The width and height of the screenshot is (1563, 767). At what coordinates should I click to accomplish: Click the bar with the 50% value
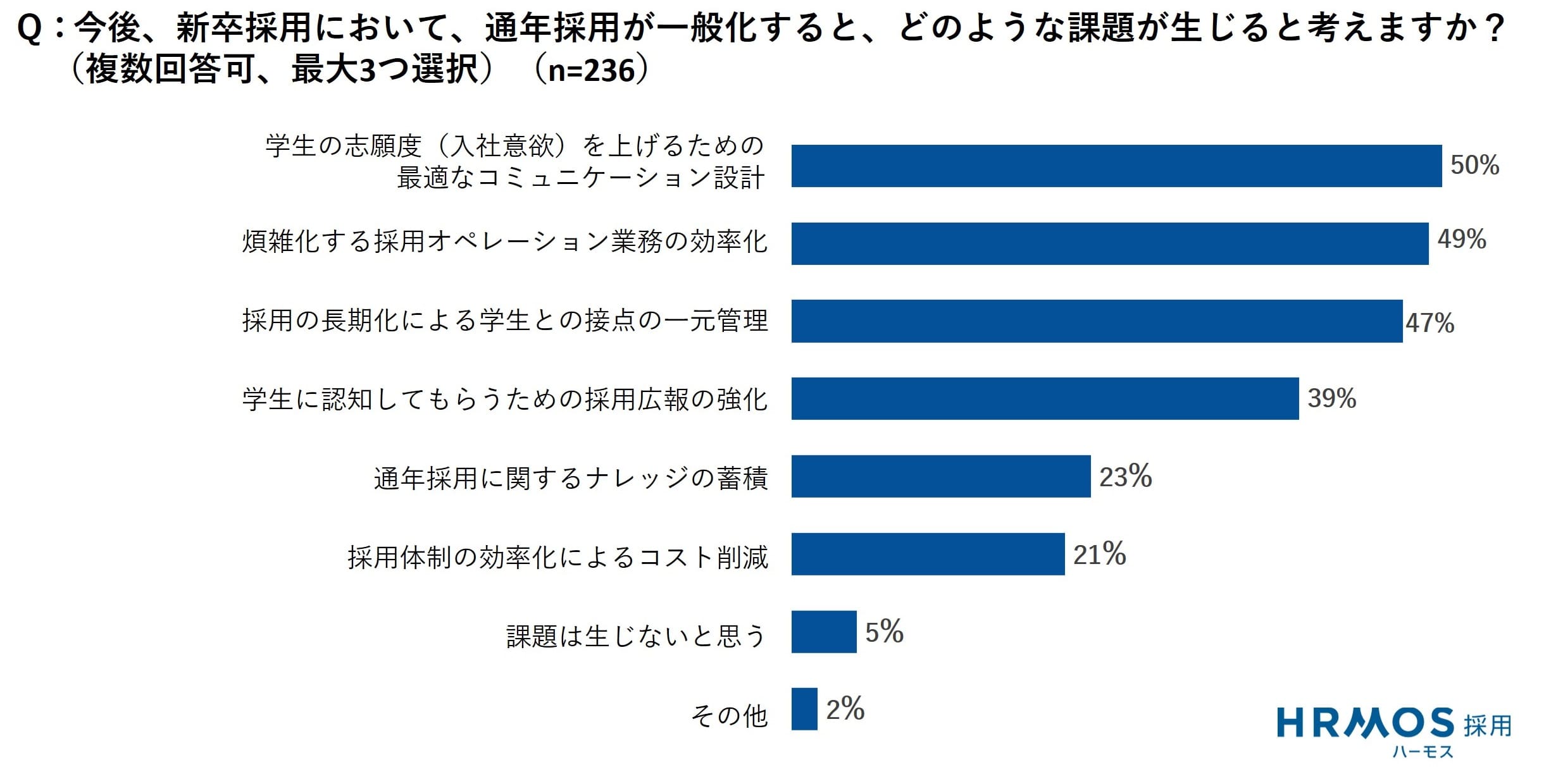pyautogui.click(x=1116, y=166)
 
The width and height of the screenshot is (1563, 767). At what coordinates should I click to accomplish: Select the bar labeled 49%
pyautogui.click(x=1109, y=243)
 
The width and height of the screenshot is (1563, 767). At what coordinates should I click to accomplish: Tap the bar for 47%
pyautogui.click(x=1097, y=321)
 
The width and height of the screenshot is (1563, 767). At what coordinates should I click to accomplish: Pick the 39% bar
pyautogui.click(x=1045, y=398)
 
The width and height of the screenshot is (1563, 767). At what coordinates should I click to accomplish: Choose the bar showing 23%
pyautogui.click(x=941, y=476)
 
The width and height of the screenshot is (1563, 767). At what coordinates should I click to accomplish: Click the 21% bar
pyautogui.click(x=928, y=554)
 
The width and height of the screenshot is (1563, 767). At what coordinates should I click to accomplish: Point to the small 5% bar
pyautogui.click(x=824, y=632)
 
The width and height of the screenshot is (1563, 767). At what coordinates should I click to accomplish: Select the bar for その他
pyautogui.click(x=804, y=709)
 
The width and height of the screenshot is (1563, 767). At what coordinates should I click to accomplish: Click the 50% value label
pyautogui.click(x=1474, y=165)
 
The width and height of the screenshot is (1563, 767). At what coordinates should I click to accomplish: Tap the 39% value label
pyautogui.click(x=1331, y=398)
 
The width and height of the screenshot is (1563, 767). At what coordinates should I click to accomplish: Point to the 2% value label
pyautogui.click(x=845, y=709)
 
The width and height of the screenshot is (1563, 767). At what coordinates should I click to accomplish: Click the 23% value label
pyautogui.click(x=1125, y=476)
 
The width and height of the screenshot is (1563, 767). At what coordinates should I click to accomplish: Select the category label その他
pyautogui.click(x=729, y=716)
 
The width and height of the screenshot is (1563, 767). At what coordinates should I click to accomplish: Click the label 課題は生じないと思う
pyautogui.click(x=636, y=636)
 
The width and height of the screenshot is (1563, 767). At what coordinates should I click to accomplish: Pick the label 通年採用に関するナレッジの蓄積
pyautogui.click(x=571, y=479)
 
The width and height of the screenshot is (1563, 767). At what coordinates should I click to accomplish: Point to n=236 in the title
pyautogui.click(x=591, y=70)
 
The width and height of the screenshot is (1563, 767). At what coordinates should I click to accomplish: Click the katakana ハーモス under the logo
pyautogui.click(x=1423, y=752)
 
